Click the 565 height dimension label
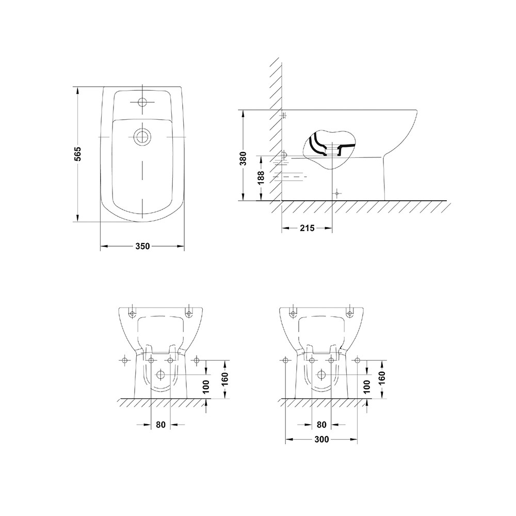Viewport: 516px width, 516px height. [78, 155]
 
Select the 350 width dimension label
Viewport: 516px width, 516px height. [142, 247]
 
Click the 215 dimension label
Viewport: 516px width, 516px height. [307, 228]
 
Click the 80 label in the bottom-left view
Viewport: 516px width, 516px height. [160, 425]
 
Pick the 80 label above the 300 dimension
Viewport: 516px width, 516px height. [321, 425]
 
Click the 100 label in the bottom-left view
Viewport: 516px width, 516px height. [206, 386]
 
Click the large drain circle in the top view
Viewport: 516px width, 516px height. [142, 137]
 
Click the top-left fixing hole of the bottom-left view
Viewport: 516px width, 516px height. [132, 313]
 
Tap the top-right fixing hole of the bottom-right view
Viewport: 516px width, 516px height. [350, 313]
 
